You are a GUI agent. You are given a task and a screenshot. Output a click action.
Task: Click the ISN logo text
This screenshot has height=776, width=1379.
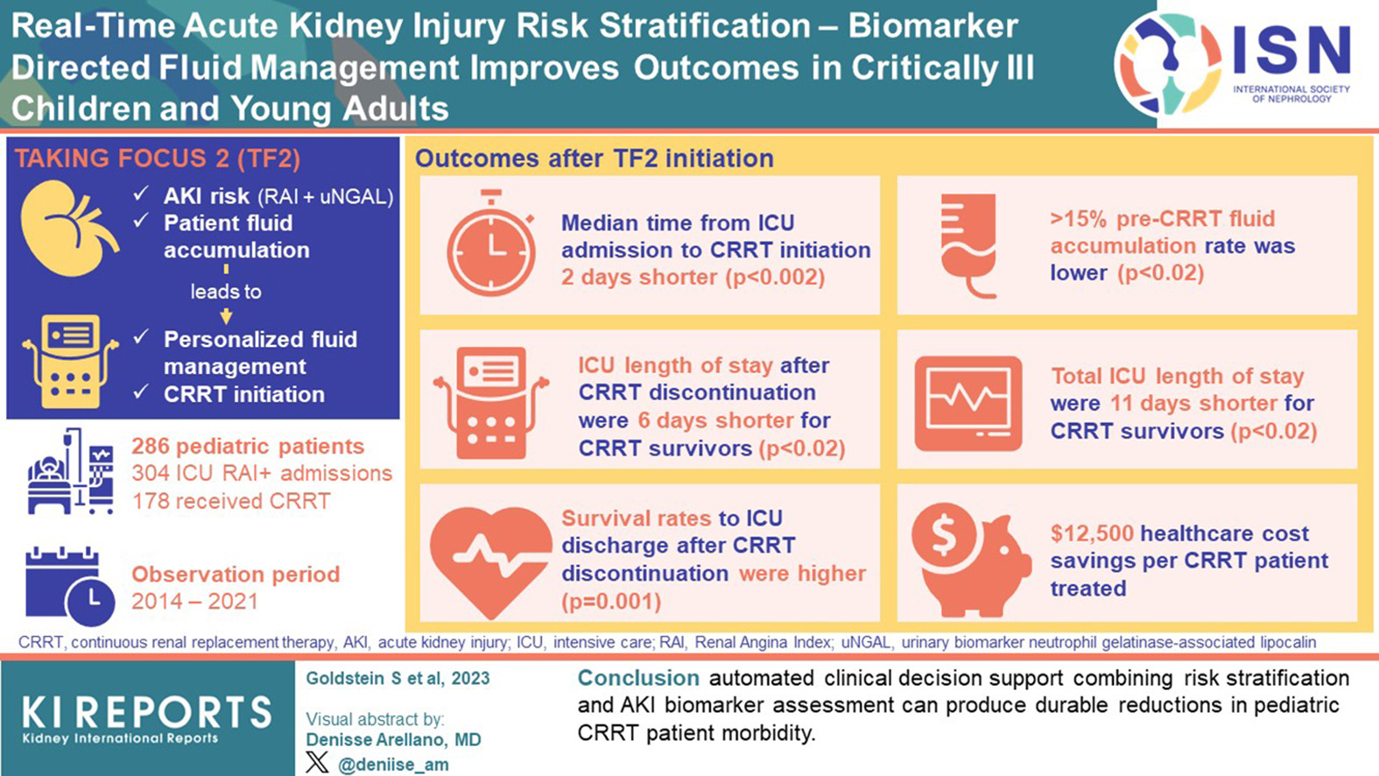1291,50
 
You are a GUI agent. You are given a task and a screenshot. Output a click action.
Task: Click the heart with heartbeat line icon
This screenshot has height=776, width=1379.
490,560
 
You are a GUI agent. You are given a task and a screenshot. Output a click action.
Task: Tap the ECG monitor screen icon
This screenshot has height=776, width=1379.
967,404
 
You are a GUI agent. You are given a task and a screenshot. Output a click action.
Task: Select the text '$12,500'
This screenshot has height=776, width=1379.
1092,533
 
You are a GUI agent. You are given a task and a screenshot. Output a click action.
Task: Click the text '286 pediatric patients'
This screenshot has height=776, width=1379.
248,447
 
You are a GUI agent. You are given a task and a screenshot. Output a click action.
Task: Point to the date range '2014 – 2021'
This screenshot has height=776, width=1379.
194,602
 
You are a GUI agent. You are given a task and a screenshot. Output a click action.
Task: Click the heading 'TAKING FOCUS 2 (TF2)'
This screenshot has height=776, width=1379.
158,159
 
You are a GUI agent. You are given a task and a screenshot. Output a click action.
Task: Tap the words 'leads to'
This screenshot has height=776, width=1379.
226,292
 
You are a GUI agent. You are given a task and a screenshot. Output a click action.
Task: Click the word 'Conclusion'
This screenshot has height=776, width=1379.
638,678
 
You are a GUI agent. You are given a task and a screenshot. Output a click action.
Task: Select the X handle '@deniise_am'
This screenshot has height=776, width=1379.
392,764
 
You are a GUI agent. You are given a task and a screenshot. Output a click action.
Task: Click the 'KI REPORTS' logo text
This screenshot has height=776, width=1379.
146,713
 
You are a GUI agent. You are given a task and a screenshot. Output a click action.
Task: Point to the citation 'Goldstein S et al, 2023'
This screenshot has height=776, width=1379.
398,679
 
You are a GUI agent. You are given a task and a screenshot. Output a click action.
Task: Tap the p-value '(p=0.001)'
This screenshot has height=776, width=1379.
611,602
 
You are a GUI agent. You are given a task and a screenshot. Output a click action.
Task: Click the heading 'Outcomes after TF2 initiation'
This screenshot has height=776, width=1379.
594,159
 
